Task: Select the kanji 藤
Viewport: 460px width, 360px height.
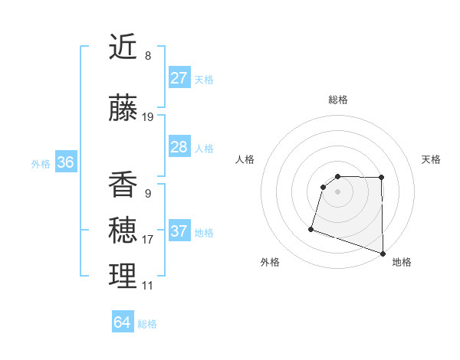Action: coord(123,109)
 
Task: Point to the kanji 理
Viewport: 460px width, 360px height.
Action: coord(123,276)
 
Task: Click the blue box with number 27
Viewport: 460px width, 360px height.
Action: coord(179,78)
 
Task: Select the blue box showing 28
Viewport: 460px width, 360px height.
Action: coord(179,147)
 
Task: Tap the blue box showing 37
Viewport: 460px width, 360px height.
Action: coord(179,231)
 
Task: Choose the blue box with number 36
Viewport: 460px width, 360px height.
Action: coord(65,162)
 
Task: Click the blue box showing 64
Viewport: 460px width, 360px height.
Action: coord(122,322)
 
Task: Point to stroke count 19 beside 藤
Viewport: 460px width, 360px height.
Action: coord(148,117)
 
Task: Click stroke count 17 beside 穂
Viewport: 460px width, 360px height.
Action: coord(148,240)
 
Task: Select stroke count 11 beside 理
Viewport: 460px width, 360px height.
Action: coord(148,286)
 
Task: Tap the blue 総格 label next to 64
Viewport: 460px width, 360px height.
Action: coord(147,324)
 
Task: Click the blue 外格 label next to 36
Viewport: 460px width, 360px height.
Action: coord(41,163)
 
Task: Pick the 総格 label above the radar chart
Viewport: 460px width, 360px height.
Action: coord(337,100)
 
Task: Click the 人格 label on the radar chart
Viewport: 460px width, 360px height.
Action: coord(245,159)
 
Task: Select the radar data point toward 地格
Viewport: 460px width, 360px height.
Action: coord(383,253)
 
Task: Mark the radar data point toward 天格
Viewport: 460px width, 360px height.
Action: coord(381,178)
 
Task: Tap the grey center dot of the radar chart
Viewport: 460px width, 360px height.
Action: coord(337,191)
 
